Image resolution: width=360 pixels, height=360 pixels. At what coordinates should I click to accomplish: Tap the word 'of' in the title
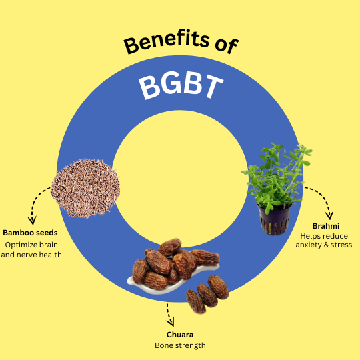tap(227, 46)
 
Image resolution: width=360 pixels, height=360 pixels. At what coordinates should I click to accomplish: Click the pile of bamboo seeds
tap(85, 188)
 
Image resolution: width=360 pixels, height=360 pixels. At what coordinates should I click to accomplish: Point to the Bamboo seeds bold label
tap(30, 233)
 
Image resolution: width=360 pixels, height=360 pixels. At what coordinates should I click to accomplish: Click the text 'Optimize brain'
tap(31, 245)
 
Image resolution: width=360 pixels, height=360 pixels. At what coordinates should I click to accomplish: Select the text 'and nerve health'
tap(31, 255)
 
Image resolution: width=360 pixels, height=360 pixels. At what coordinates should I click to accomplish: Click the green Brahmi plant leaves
tap(277, 175)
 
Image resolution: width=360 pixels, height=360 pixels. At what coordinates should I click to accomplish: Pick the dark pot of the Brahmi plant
tap(275, 219)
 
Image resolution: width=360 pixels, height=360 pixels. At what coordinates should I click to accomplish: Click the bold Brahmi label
tap(326, 226)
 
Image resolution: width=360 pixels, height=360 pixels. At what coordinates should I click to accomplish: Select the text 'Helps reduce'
tap(324, 236)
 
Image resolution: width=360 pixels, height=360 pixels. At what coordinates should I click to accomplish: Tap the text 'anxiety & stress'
tap(324, 245)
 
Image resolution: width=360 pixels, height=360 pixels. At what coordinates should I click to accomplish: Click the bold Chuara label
tap(180, 335)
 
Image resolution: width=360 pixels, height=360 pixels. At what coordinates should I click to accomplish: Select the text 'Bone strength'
tap(180, 345)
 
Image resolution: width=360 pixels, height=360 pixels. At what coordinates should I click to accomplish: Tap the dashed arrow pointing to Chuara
tap(169, 315)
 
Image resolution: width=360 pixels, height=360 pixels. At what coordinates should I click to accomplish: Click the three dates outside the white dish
tap(207, 295)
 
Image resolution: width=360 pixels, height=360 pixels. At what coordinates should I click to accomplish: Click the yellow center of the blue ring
tap(180, 179)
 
